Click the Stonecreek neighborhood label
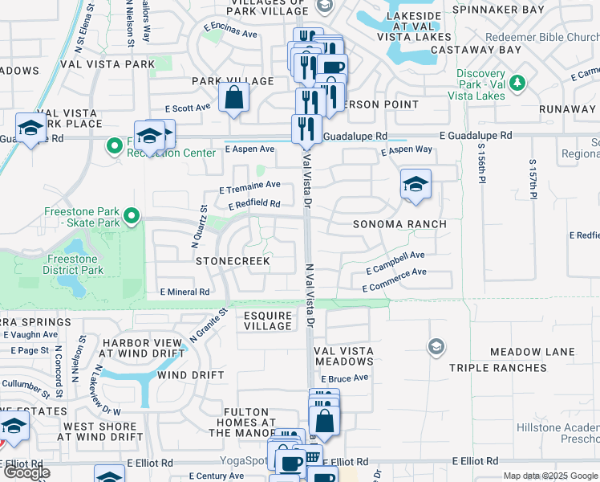(x=233, y=262)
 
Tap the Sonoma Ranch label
(x=399, y=224)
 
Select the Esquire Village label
(x=268, y=321)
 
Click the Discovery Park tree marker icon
(x=517, y=82)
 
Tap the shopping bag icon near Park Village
(x=233, y=98)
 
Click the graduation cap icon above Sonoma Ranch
(x=416, y=185)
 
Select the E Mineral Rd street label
(x=184, y=292)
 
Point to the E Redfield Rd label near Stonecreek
(x=253, y=205)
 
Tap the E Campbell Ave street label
(x=395, y=258)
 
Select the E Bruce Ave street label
(x=344, y=378)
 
